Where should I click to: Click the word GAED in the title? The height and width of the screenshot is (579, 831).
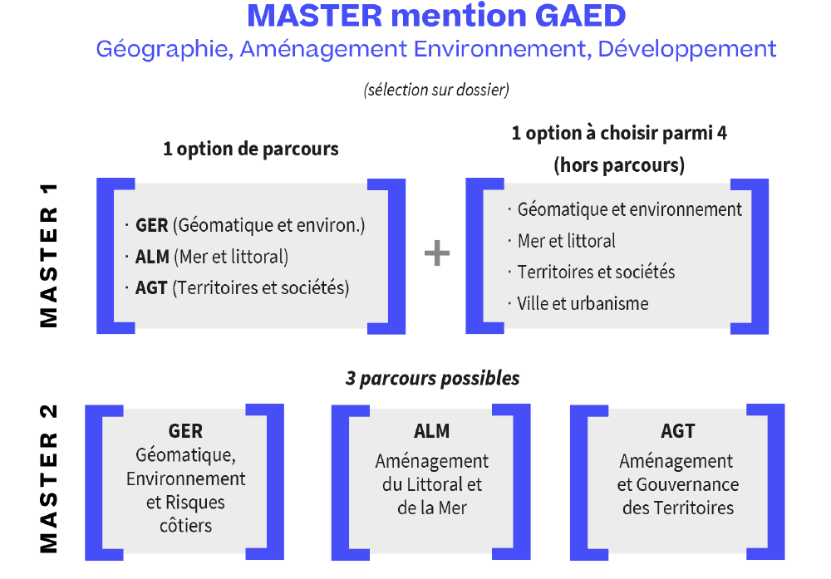pyautogui.click(x=580, y=16)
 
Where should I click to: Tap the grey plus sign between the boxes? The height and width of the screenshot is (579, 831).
pyautogui.click(x=437, y=253)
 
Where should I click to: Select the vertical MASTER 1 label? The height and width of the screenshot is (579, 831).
pyautogui.click(x=49, y=256)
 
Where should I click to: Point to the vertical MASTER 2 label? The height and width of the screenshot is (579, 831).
pyautogui.click(x=49, y=478)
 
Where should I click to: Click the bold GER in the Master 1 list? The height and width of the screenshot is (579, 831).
pyautogui.click(x=151, y=225)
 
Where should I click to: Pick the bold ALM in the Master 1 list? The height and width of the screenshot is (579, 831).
pyautogui.click(x=152, y=257)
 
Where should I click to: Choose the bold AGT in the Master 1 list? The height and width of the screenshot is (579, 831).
pyautogui.click(x=151, y=288)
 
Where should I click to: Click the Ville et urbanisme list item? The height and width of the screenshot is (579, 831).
pyautogui.click(x=583, y=303)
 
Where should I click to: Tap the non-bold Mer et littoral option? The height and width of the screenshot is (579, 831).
pyautogui.click(x=566, y=241)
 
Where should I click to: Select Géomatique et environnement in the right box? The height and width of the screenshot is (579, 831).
pyautogui.click(x=630, y=210)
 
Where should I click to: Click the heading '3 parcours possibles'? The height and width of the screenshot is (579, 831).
pyautogui.click(x=432, y=378)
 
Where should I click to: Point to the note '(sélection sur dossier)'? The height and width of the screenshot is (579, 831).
pyautogui.click(x=436, y=90)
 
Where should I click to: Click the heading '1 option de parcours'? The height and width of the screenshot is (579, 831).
pyautogui.click(x=251, y=150)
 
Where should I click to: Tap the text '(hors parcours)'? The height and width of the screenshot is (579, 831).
pyautogui.click(x=619, y=165)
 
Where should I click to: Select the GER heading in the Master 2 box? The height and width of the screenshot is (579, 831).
pyautogui.click(x=185, y=431)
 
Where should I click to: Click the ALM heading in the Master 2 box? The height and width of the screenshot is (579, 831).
pyautogui.click(x=432, y=431)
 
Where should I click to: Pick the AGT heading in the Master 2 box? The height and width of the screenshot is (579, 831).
pyautogui.click(x=678, y=431)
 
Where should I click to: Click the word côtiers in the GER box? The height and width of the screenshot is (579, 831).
pyautogui.click(x=185, y=526)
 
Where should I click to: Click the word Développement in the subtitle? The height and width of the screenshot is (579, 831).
pyautogui.click(x=687, y=50)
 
